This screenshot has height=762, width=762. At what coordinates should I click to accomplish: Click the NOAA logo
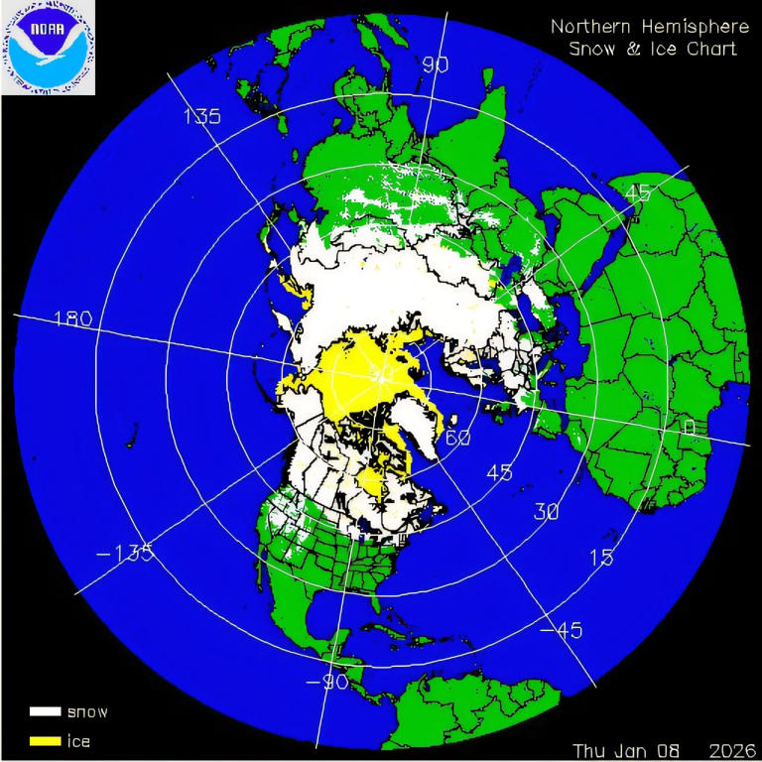tap(48, 48)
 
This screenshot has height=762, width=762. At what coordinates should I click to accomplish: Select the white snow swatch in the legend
tap(45, 711)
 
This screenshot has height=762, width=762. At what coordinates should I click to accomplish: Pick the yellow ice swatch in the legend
tap(45, 740)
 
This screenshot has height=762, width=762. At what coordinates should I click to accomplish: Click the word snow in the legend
tap(86, 711)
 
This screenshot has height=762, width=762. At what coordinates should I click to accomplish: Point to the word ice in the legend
tap(78, 740)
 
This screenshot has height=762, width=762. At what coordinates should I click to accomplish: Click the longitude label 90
tap(436, 64)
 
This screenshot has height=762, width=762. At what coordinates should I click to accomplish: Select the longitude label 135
tap(201, 116)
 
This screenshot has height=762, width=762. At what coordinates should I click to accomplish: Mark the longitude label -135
tap(126, 553)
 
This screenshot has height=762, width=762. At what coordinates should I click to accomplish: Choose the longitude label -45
tap(562, 630)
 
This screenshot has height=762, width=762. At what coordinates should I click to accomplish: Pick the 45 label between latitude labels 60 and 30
tap(500, 472)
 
